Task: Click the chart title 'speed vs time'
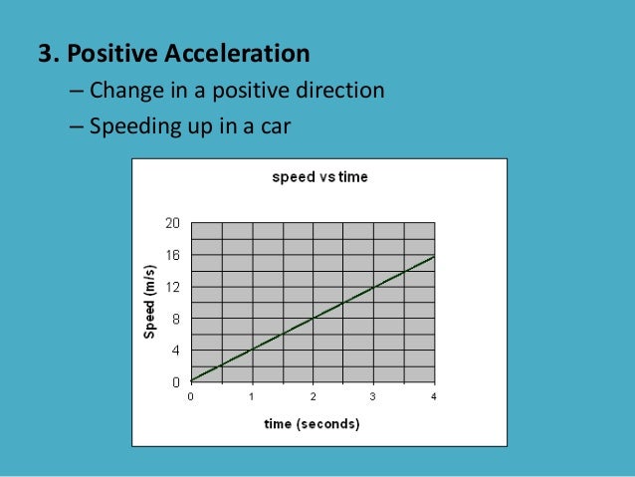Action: [319, 177]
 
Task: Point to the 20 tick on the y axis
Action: [172, 223]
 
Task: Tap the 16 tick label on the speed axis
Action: [172, 255]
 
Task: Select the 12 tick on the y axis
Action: [172, 287]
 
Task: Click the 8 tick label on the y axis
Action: [175, 319]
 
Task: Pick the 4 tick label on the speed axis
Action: [175, 351]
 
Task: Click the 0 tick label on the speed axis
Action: [175, 381]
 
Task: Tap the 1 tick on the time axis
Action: [252, 396]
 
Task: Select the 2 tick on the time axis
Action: [313, 396]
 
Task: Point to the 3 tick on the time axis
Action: [373, 396]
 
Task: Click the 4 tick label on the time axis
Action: [434, 396]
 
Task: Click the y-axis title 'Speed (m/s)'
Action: [149, 303]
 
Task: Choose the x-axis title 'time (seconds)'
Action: [312, 424]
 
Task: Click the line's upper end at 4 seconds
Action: [434, 256]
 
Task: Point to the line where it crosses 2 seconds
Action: [313, 319]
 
